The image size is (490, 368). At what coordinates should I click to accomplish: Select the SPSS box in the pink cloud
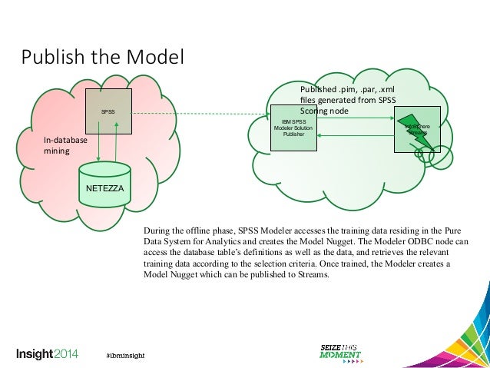108,112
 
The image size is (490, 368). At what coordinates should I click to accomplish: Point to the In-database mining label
65,146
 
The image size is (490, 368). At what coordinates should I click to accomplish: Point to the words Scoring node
324,111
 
